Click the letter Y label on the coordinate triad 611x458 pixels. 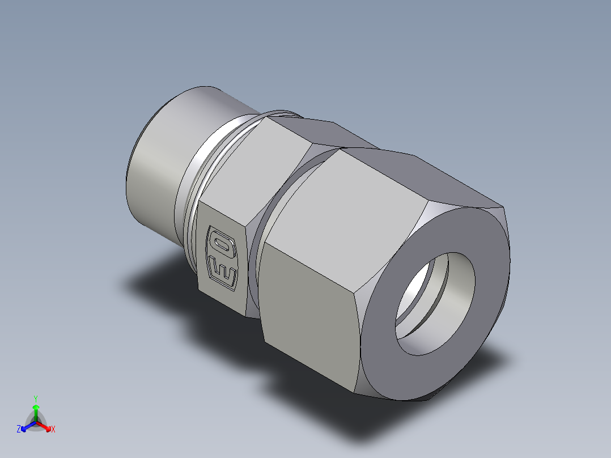(x=36, y=398)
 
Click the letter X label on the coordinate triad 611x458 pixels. (x=53, y=430)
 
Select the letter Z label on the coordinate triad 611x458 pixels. (x=19, y=430)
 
